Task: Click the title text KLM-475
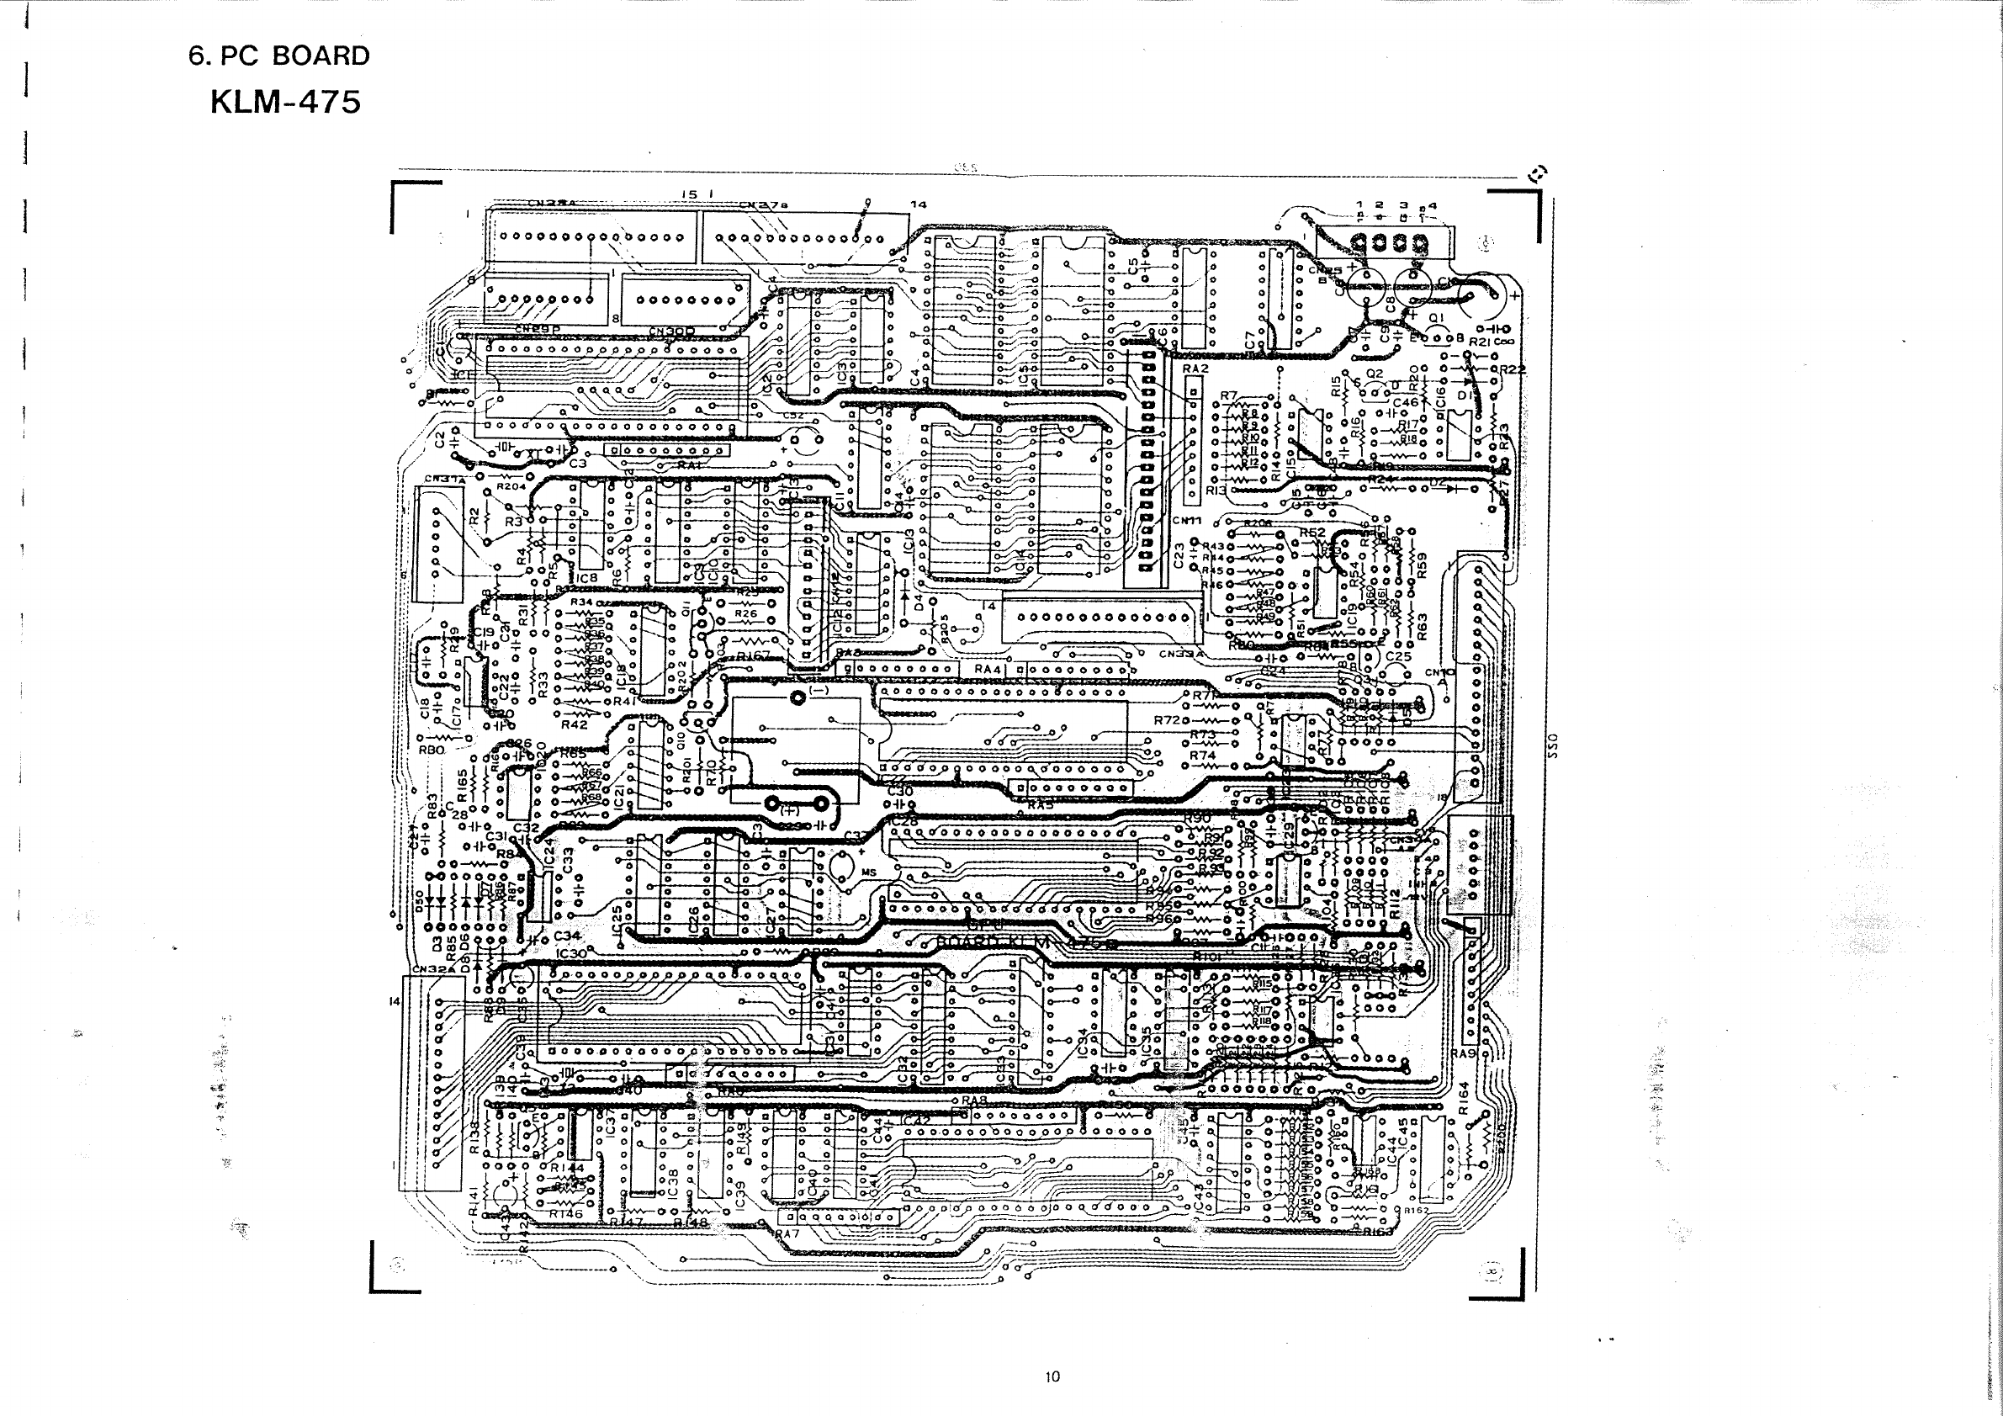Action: point(285,103)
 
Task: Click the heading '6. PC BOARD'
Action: point(279,56)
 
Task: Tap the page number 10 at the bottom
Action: point(1052,1376)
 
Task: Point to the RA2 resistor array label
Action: point(1195,369)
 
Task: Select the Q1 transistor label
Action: point(1437,317)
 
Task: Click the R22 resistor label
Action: point(1512,369)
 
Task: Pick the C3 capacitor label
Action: point(578,464)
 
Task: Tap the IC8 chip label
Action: point(587,577)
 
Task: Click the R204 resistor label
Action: point(511,486)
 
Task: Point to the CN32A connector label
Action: point(433,968)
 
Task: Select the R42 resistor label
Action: point(573,724)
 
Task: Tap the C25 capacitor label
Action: point(1397,657)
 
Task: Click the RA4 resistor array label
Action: point(988,669)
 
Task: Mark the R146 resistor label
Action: point(565,1213)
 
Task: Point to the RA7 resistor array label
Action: point(787,1234)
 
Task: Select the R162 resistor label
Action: point(1415,1211)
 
